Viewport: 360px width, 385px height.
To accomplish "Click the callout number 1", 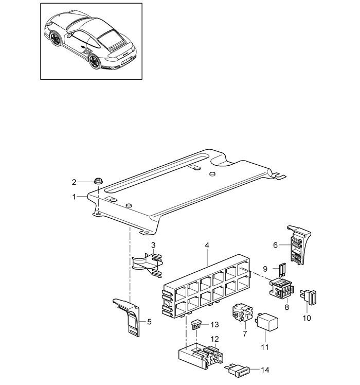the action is pos(74,197).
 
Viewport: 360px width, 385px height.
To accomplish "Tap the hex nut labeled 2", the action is pos(98,182).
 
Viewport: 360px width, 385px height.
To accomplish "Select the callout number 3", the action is pos(153,245).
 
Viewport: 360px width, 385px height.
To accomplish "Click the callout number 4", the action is pos(207,245).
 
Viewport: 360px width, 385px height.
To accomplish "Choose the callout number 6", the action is pos(275,245).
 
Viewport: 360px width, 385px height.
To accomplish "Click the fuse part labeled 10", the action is pos(308,297).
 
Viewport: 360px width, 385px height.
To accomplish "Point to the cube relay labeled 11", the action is pos(267,322).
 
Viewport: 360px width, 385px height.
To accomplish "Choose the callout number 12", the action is pos(214,339).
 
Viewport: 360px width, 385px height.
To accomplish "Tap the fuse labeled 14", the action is pos(237,371).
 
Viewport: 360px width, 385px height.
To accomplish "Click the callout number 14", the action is pos(265,370).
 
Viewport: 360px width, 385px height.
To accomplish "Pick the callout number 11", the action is pos(264,347).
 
